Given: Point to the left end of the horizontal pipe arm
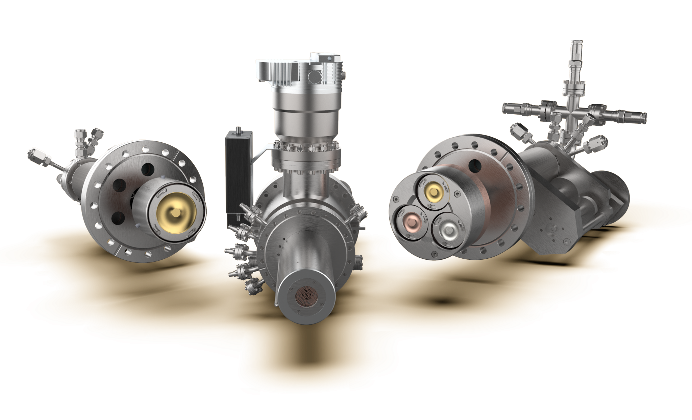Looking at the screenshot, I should point(507,108).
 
